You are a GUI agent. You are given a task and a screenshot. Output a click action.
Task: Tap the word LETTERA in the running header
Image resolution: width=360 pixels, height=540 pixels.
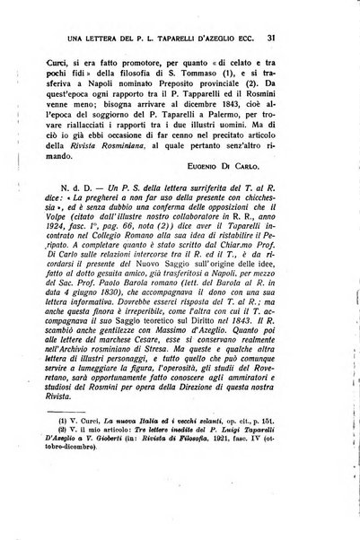114,38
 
